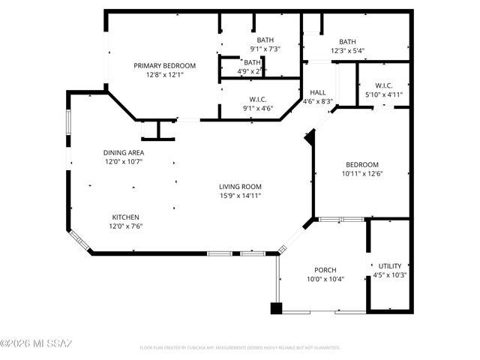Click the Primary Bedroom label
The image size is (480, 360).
(x=164, y=65)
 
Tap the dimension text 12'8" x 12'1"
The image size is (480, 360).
(x=164, y=74)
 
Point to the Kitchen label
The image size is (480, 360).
(x=124, y=217)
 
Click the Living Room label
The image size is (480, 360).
(x=240, y=187)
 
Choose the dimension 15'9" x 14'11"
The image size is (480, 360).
(x=240, y=196)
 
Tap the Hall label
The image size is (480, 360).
(x=317, y=91)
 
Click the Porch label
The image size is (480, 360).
(x=325, y=270)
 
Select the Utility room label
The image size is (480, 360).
(x=389, y=265)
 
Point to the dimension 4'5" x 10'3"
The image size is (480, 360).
(x=389, y=274)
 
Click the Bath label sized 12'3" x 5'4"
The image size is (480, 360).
(x=347, y=42)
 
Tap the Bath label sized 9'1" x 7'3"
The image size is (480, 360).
(x=265, y=40)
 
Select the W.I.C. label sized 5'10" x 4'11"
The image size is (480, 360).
(x=383, y=85)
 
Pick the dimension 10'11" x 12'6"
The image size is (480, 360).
(x=361, y=174)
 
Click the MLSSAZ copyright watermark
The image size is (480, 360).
(x=36, y=343)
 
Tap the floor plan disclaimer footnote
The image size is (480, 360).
(x=240, y=348)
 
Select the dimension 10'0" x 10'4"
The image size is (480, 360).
(x=325, y=279)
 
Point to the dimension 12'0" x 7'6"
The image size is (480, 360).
(x=124, y=226)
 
